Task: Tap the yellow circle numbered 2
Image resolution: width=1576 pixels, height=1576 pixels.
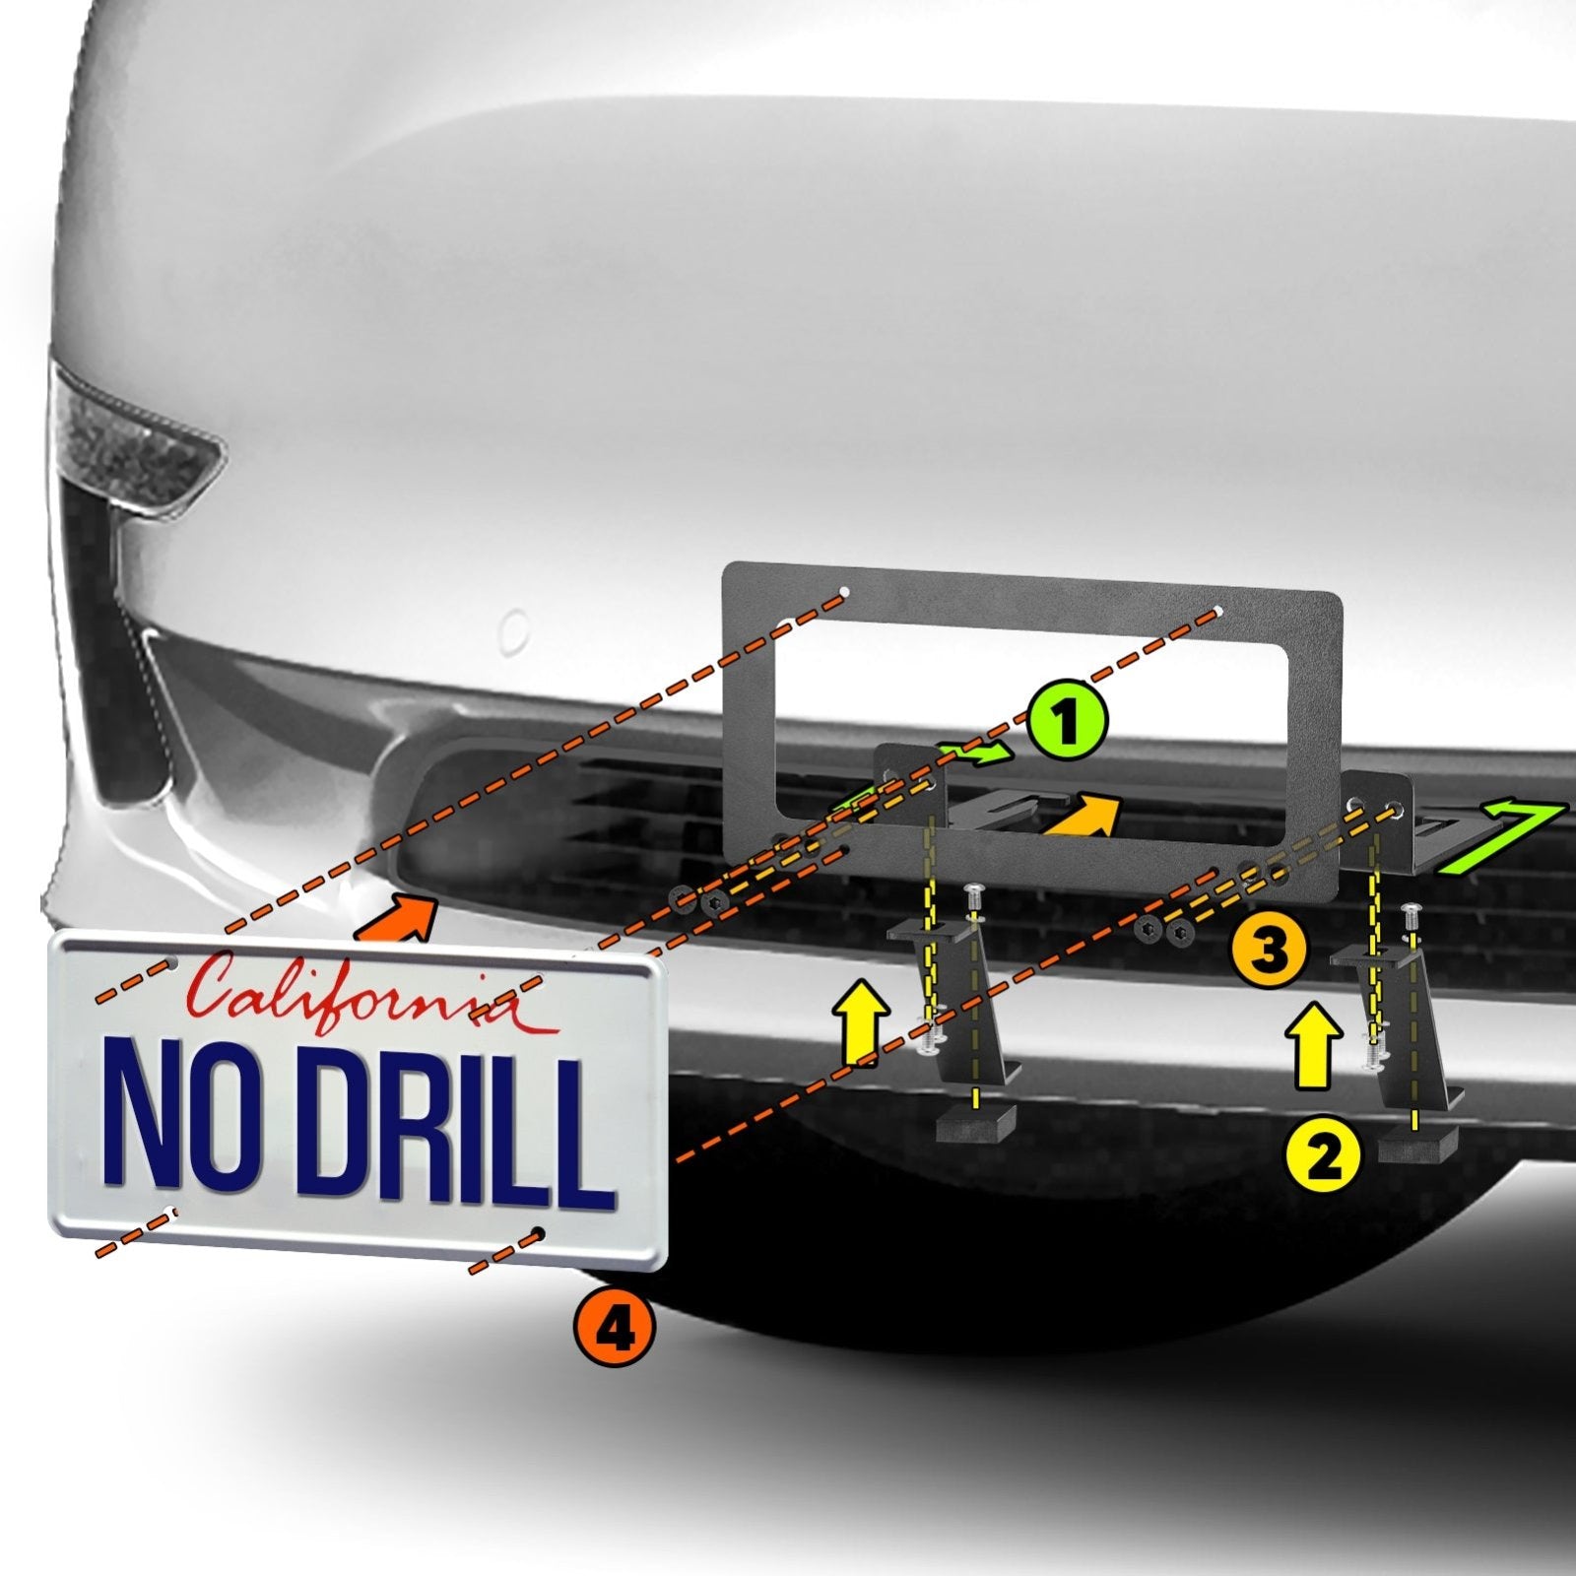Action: coord(1323,1156)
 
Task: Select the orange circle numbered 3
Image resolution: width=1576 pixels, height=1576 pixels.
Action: coord(1269,952)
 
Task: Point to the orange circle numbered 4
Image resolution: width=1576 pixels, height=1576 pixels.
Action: coord(614,1330)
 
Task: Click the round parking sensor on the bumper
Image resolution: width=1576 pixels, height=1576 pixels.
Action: coord(514,628)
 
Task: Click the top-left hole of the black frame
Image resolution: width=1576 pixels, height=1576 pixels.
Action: coord(845,594)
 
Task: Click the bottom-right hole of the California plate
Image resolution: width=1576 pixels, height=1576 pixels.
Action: coord(540,1233)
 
